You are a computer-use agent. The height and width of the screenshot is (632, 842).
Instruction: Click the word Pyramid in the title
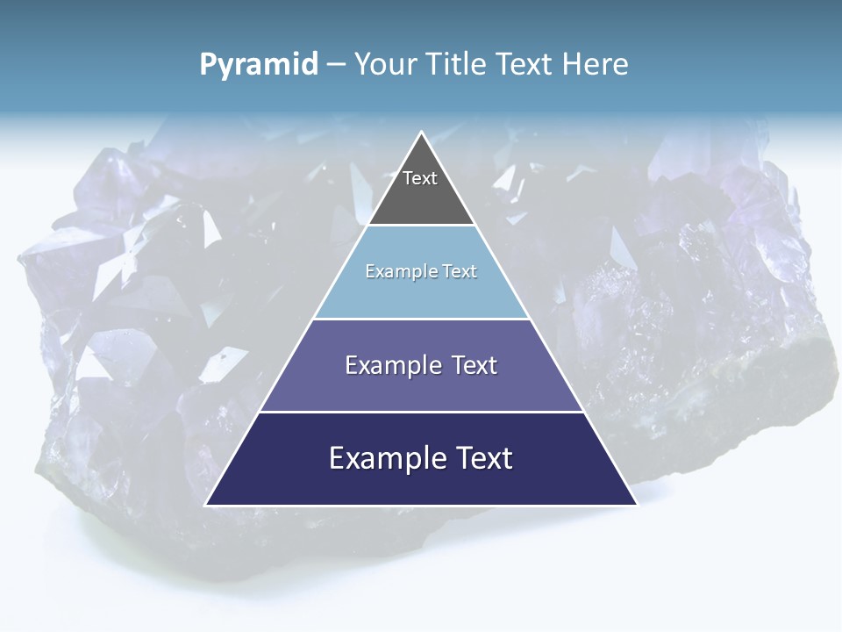259,65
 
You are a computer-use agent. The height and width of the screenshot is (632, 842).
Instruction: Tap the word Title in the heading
461,64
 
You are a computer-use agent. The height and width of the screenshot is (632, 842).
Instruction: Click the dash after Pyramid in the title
335,65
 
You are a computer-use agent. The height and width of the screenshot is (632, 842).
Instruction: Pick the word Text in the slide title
527,64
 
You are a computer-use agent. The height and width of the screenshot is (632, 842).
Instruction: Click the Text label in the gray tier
420,178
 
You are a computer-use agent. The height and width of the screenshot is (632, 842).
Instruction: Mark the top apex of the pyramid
421,133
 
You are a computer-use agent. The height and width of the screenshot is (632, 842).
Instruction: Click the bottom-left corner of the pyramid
206,505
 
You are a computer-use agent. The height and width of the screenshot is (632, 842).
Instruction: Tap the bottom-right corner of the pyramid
636,505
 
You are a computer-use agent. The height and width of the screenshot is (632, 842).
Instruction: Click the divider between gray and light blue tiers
421,226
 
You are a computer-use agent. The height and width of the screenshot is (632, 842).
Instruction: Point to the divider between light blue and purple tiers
421,319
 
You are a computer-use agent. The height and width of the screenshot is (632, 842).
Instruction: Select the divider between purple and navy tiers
421,412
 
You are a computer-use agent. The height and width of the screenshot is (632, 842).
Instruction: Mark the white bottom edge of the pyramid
421,506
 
